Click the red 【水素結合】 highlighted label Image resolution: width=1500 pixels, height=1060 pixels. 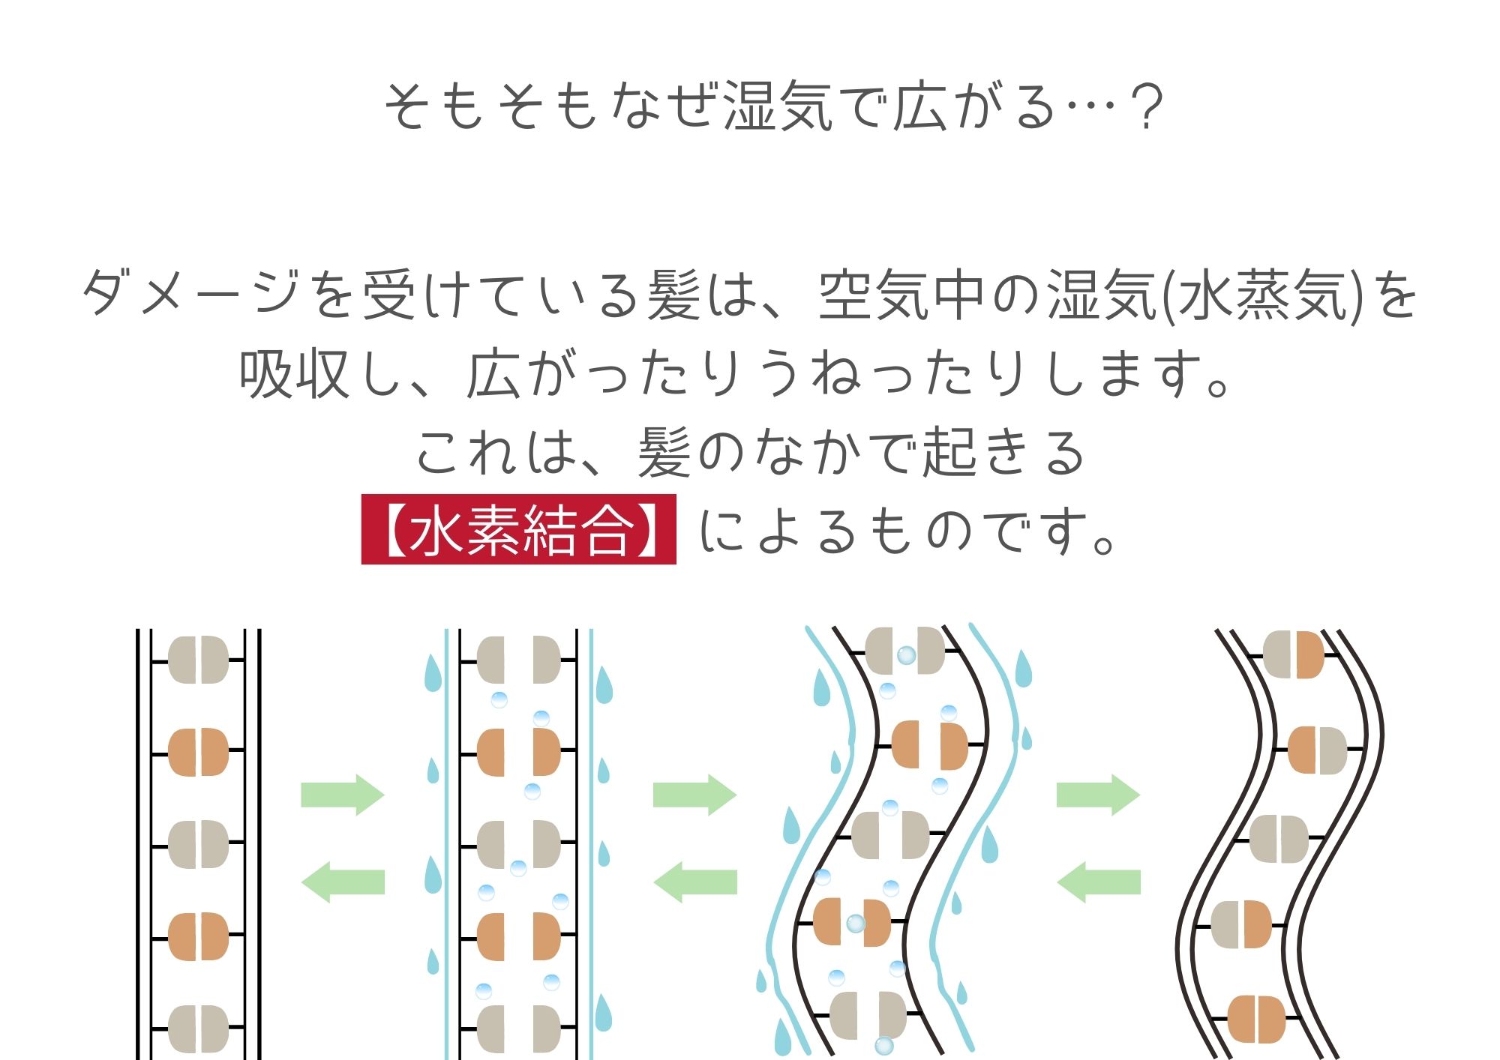(x=518, y=529)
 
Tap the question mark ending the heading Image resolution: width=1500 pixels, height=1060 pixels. (x=1147, y=107)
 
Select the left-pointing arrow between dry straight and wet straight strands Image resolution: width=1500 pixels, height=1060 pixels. (x=343, y=882)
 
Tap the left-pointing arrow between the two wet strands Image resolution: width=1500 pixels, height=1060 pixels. (x=695, y=882)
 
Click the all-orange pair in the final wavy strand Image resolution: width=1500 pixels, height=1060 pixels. (x=1257, y=1019)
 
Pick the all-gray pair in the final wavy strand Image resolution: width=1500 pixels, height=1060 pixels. (x=1279, y=839)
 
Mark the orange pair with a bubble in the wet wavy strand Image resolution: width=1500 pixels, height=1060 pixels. (x=852, y=922)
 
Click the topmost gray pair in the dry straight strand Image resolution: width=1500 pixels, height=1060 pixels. (x=198, y=660)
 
